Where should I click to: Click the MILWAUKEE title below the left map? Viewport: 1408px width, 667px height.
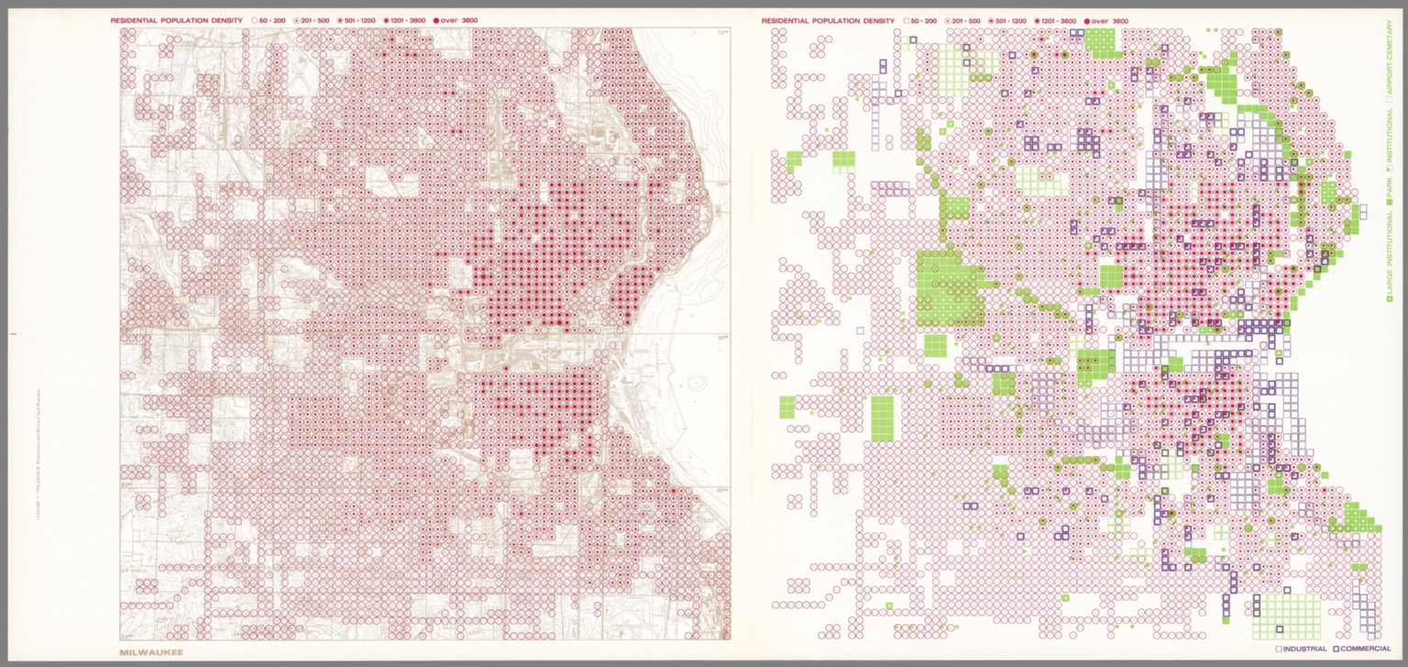pos(151,652)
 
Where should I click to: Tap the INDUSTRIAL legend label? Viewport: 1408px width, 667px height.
pos(1305,650)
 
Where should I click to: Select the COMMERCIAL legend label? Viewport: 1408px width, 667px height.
pos(1366,650)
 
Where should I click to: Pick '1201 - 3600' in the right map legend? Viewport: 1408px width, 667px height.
pos(1057,20)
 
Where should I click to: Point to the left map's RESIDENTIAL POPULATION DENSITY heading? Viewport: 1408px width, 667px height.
pos(177,20)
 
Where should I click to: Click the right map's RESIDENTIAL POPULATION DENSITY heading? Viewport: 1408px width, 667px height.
pos(828,20)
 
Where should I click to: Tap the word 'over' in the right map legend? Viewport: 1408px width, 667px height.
pos(1100,20)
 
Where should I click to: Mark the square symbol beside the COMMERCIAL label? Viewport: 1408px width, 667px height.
pos(1336,650)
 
